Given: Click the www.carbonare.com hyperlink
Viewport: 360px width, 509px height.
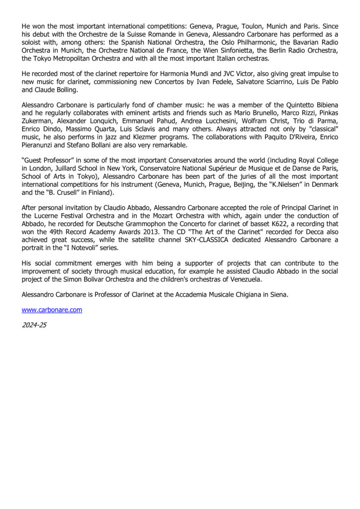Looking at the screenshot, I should point(52,310).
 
